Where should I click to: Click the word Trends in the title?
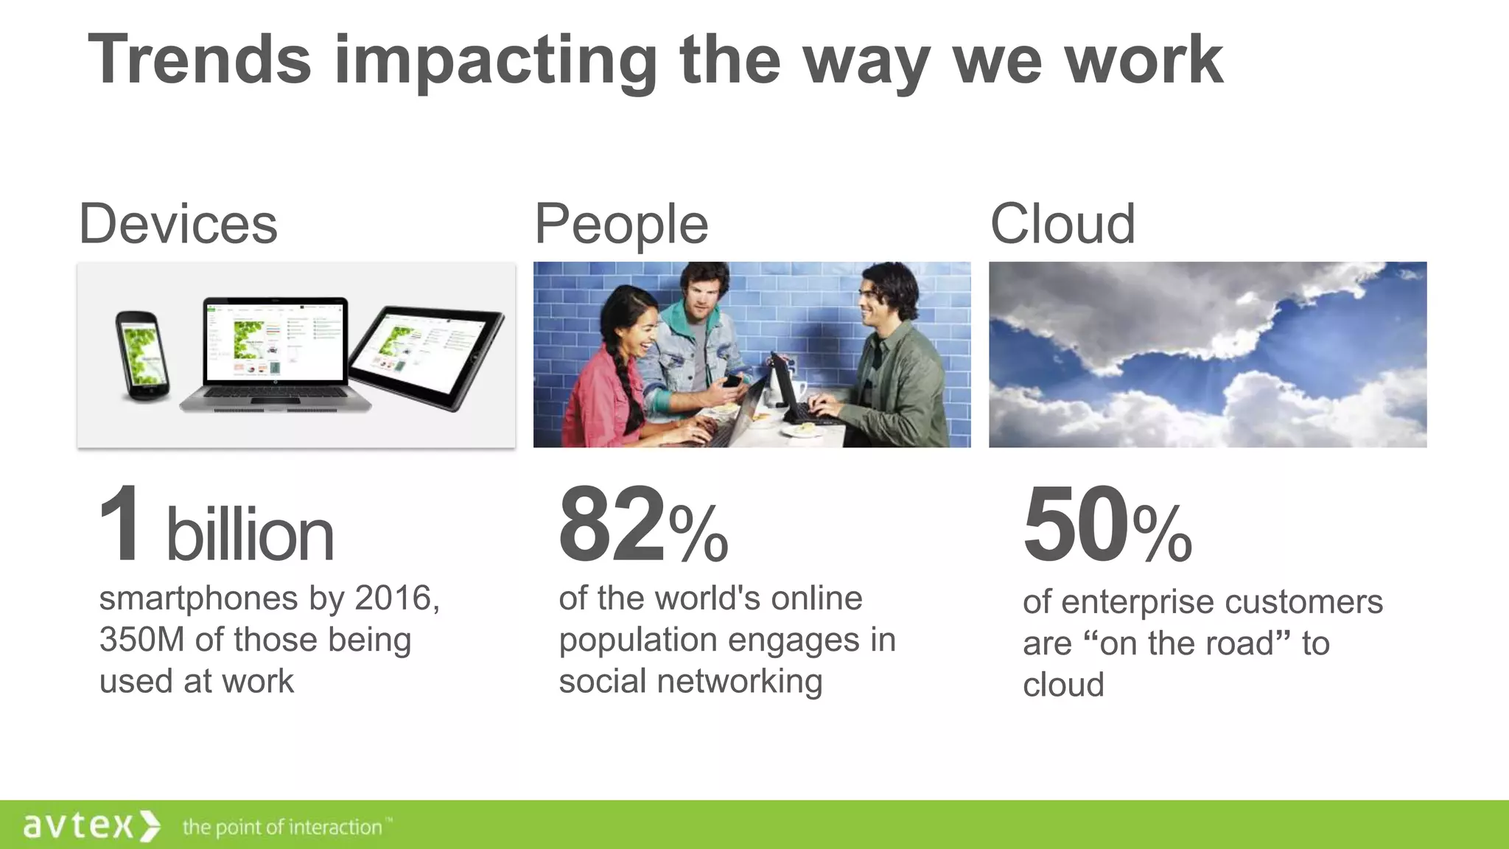click(x=200, y=60)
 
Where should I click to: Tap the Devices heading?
click(x=178, y=224)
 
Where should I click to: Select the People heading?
click(x=621, y=224)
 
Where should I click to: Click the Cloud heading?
click(x=1062, y=224)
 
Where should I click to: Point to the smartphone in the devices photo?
click(x=142, y=356)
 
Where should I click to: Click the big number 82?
click(x=612, y=525)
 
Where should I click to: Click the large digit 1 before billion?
click(x=120, y=525)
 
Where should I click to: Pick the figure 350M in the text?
click(x=141, y=640)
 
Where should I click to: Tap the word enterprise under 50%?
click(x=1136, y=602)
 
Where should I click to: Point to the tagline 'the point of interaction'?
click(x=282, y=828)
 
